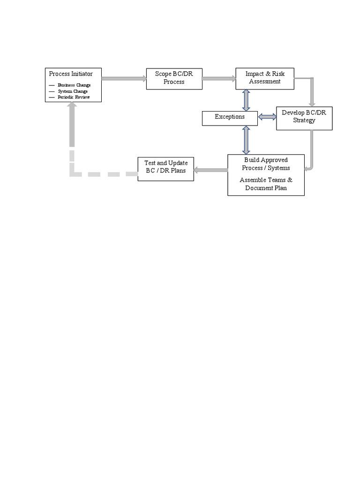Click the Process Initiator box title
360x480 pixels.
click(71, 74)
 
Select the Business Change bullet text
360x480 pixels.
click(74, 85)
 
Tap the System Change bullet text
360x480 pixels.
click(73, 91)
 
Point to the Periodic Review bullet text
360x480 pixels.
click(74, 97)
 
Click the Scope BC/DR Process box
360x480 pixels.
click(174, 78)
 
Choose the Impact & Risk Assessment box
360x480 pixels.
click(265, 78)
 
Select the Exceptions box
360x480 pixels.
click(230, 117)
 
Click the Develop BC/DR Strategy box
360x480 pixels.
click(304, 117)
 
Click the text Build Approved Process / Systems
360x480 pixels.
click(266, 164)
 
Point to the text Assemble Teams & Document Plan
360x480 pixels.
click(266, 184)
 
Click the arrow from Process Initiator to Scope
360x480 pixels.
click(124, 78)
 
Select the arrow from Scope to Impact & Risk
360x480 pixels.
click(219, 78)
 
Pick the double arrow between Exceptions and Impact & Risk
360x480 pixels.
click(246, 100)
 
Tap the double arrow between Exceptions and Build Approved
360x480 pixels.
click(246, 140)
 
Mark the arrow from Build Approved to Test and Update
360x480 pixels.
click(210, 170)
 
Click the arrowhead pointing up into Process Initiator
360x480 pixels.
click(71, 106)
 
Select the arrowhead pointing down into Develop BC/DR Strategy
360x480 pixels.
click(312, 103)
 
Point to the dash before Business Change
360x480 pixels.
click(52, 85)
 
